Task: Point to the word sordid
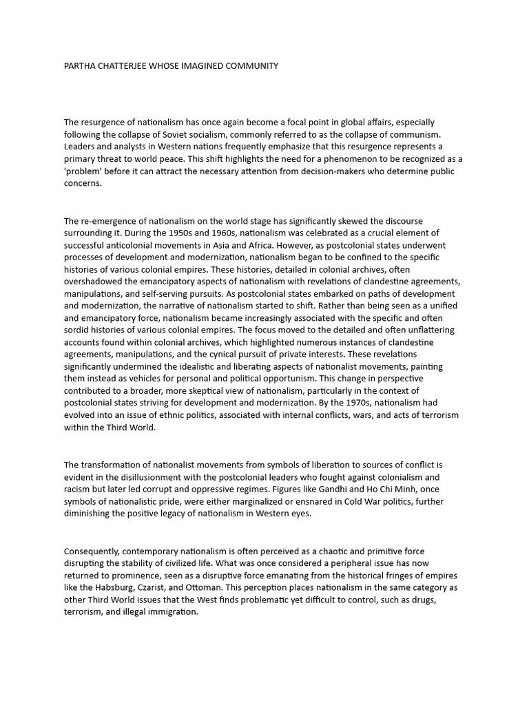pos(77,330)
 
